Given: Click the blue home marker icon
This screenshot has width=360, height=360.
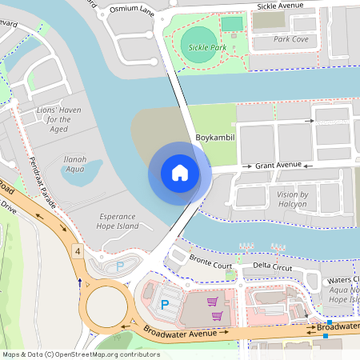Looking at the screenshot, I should point(179,173).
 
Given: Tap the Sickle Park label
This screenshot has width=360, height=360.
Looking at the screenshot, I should point(206,48).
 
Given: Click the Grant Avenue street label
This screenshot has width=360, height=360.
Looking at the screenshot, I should point(278,165).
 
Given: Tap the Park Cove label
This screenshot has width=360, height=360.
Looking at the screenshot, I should point(290,38).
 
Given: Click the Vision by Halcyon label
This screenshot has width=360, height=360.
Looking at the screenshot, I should point(292,199).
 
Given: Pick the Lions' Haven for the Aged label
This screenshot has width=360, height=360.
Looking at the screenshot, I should point(54,118).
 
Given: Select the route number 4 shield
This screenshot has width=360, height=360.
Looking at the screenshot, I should point(77,251).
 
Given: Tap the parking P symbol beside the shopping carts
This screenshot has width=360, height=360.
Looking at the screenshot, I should point(165,304).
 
